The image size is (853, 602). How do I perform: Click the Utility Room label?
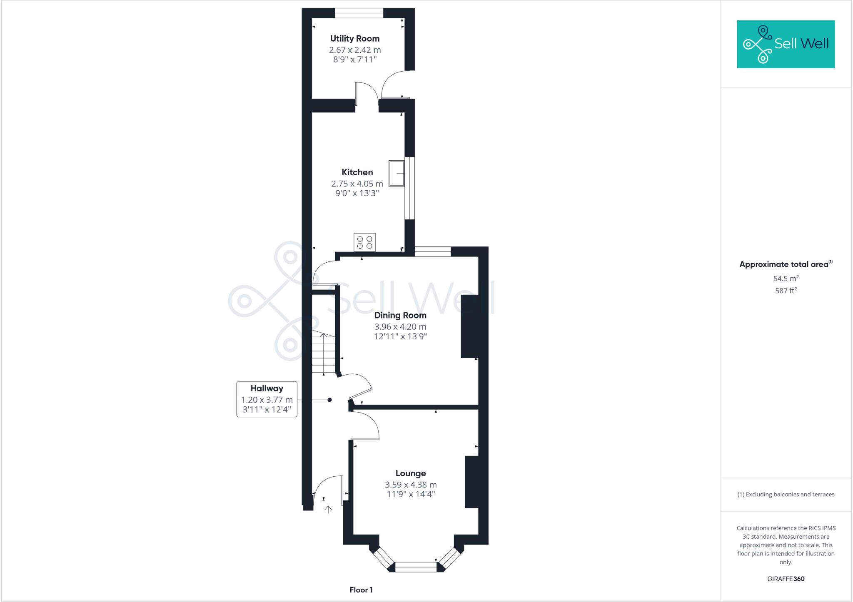[354, 39]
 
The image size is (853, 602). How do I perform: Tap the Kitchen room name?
[357, 172]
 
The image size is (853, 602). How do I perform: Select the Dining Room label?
[400, 316]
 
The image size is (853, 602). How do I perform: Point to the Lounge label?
[410, 473]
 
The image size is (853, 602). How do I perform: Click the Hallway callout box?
[267, 399]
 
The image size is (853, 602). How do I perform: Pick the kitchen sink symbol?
[397, 173]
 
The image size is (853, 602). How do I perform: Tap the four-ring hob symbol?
[364, 242]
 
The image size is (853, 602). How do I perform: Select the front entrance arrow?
[328, 509]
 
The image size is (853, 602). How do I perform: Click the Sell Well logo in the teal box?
[786, 44]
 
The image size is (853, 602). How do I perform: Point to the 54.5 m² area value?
[786, 279]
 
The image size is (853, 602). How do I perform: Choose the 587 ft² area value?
[786, 291]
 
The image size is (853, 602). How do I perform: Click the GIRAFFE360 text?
[786, 579]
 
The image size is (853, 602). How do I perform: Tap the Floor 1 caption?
[361, 590]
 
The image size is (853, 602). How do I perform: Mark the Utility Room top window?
[359, 13]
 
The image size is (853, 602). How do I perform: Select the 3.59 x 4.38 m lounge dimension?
[410, 485]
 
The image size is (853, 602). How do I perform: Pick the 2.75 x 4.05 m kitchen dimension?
[357, 184]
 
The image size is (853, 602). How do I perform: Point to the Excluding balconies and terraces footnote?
[786, 495]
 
